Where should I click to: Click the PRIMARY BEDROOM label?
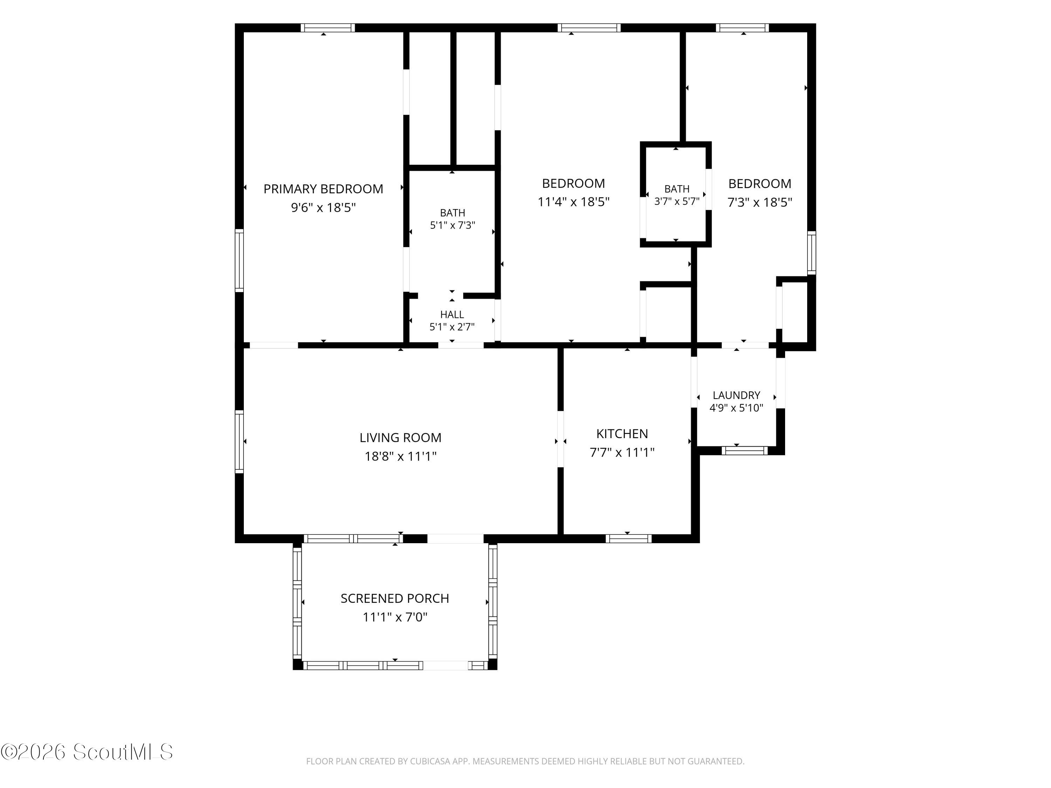[323, 189]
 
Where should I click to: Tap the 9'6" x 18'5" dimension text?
[323, 208]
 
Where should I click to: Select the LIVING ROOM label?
[400, 437]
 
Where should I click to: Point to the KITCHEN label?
[622, 434]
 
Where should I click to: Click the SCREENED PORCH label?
[395, 599]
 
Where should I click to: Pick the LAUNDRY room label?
[736, 395]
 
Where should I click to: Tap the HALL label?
[452, 314]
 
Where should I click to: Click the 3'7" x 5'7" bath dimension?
[676, 201]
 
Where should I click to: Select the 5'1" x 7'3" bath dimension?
[452, 225]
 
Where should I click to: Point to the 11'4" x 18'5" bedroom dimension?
[573, 202]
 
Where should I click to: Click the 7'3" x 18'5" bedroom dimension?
[760, 202]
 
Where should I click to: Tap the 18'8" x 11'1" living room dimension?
[400, 456]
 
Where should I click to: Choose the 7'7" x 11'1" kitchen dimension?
[622, 452]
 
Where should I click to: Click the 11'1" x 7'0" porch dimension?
[395, 617]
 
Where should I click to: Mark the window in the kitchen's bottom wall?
[628, 539]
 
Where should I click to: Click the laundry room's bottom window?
[744, 451]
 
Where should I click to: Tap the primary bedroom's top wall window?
[327, 28]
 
